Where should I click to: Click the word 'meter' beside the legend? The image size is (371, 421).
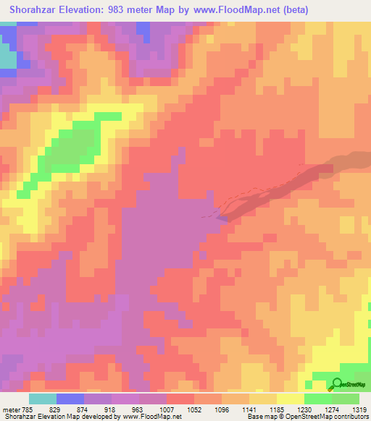tap(12, 409)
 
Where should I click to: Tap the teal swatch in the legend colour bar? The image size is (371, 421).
tap(43, 399)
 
